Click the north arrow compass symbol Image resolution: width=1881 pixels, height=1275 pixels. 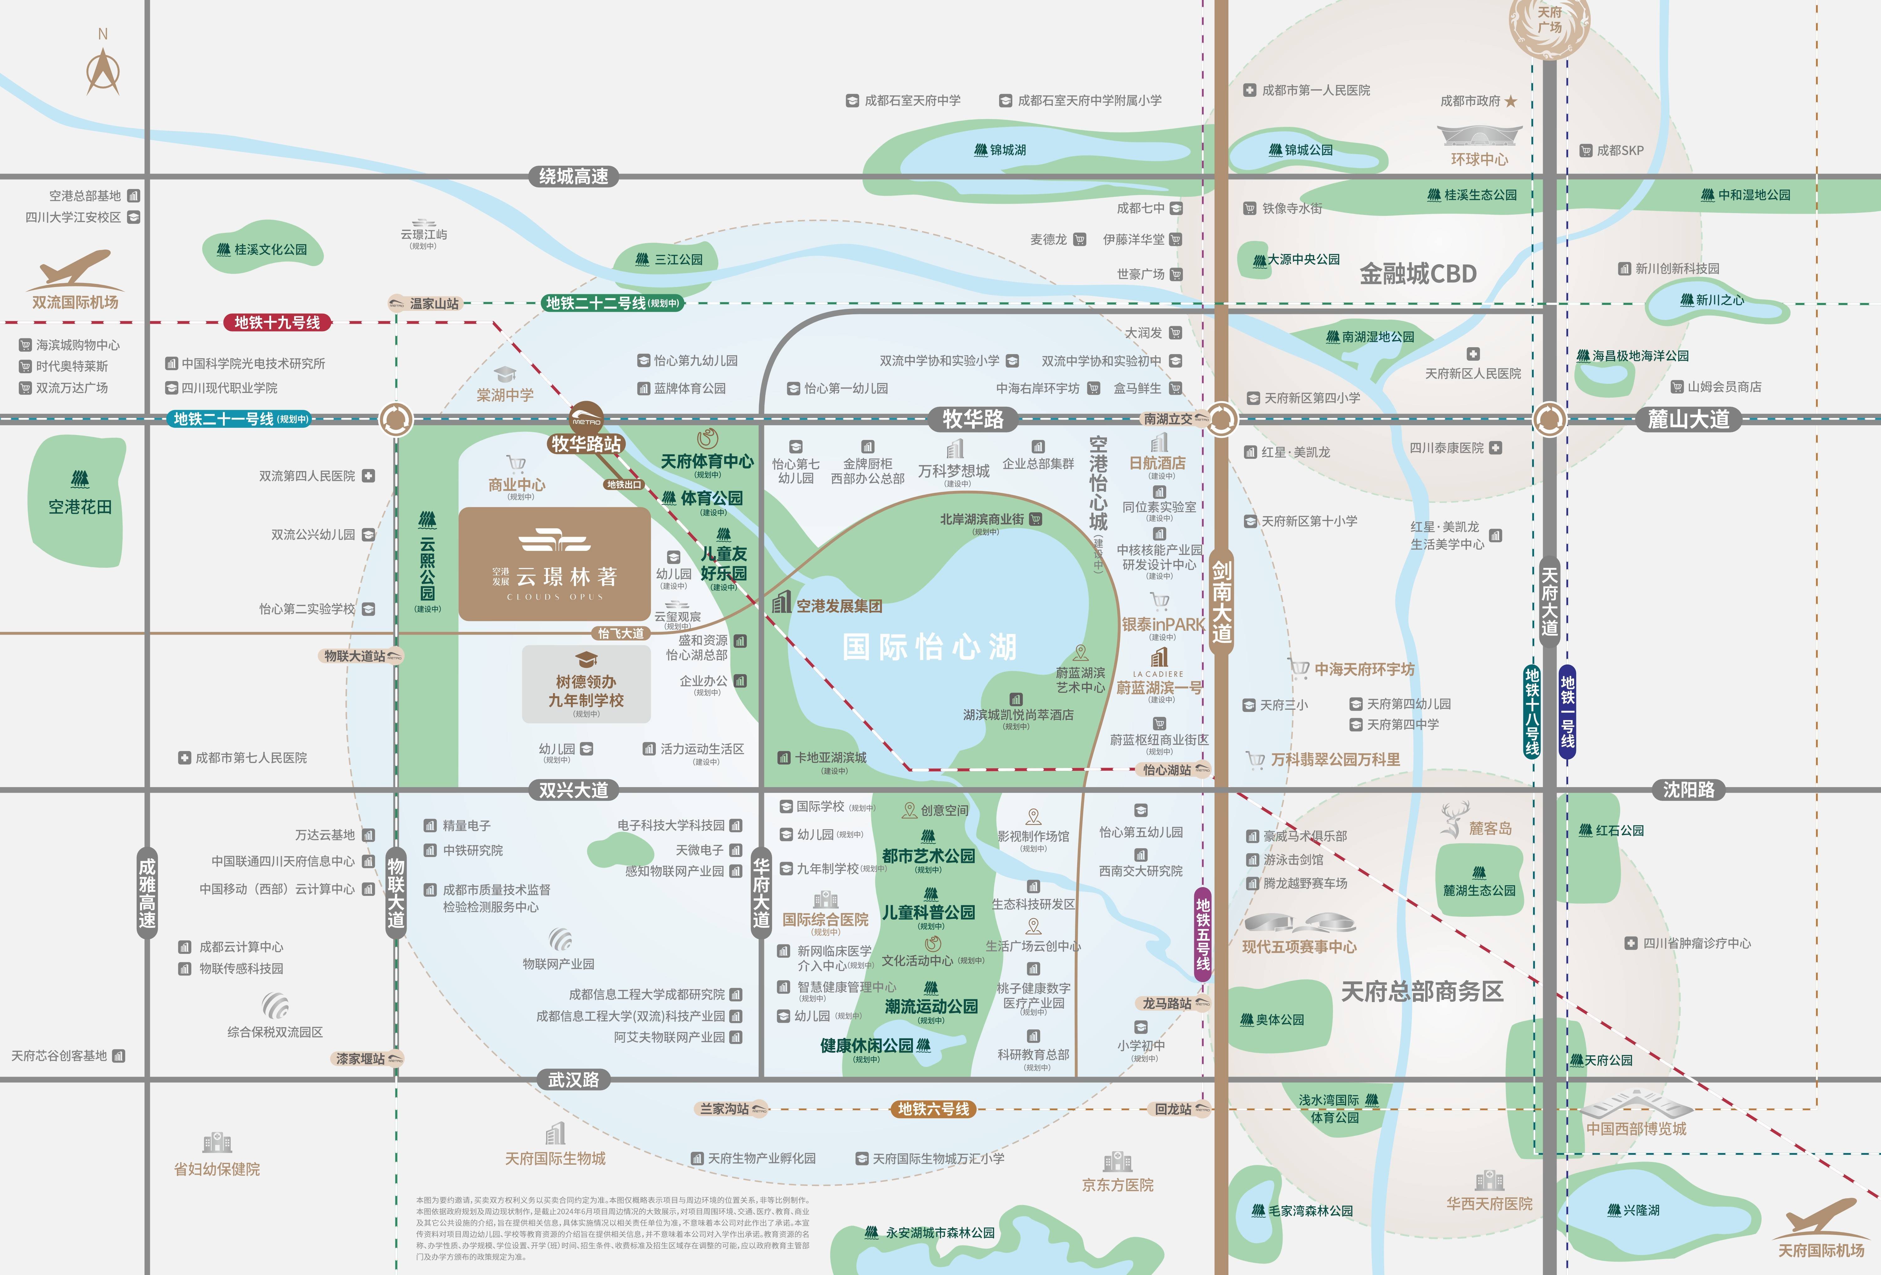point(103,71)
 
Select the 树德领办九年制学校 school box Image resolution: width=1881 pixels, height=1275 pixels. point(586,684)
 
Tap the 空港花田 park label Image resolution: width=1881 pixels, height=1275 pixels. point(79,506)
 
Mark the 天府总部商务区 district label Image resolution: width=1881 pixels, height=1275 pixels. point(1422,991)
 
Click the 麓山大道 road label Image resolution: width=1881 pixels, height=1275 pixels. point(1689,419)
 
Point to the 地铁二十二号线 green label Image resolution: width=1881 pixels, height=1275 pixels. point(612,303)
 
